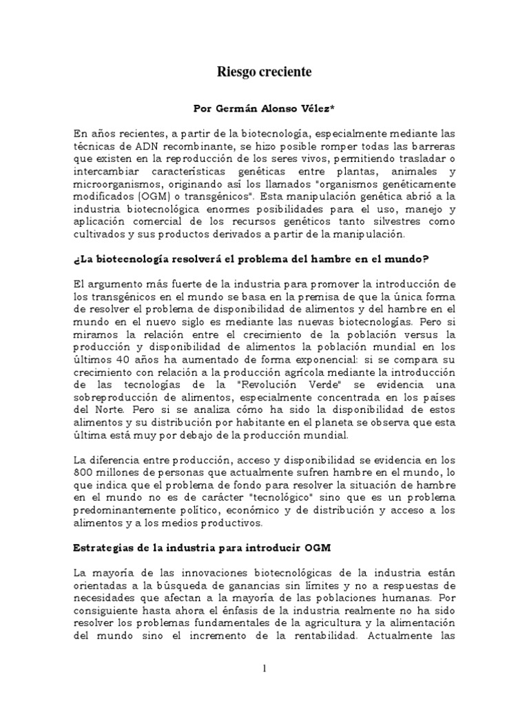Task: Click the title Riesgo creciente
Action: click(264, 71)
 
